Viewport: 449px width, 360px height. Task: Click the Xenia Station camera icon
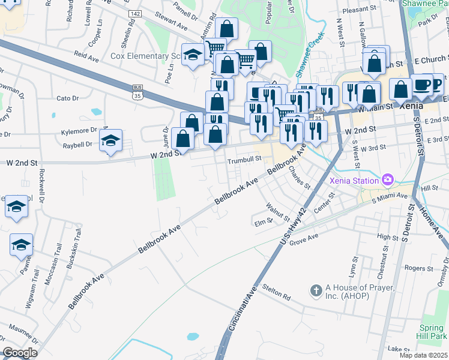pyautogui.click(x=388, y=179)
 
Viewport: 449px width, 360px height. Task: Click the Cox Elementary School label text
pyautogui.click(x=146, y=56)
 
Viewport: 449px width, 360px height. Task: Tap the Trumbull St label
pyautogui.click(x=245, y=160)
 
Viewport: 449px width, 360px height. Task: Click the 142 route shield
pyautogui.click(x=135, y=13)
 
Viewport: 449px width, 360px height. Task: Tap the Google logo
pyautogui.click(x=20, y=353)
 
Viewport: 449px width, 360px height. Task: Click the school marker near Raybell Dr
pyautogui.click(x=110, y=141)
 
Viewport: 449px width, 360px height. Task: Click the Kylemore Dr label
pyautogui.click(x=79, y=130)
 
